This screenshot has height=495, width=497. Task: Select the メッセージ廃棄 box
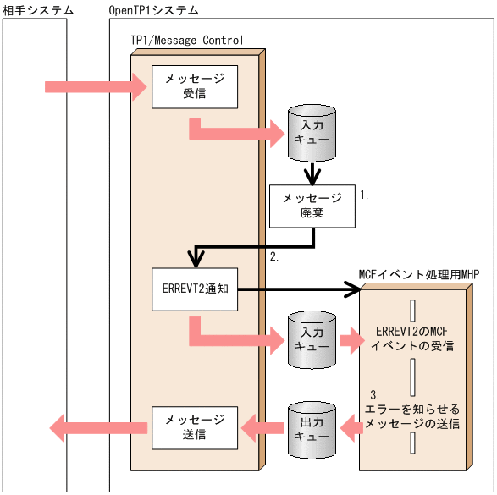tap(312, 205)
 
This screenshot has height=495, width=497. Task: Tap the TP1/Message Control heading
tap(186, 40)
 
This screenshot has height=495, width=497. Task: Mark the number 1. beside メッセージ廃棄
tap(365, 195)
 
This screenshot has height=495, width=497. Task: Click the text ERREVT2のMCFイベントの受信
tap(411, 339)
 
